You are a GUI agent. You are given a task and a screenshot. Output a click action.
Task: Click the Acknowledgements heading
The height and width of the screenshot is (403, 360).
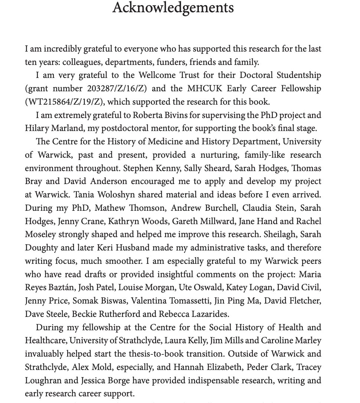(x=173, y=8)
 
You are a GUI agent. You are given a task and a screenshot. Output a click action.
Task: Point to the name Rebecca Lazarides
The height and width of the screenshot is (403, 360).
(x=193, y=314)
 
